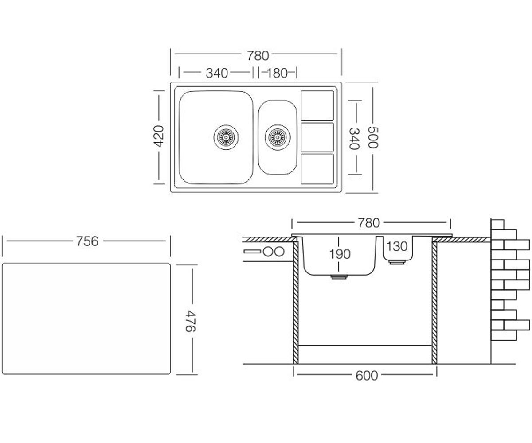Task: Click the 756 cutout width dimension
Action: click(87, 241)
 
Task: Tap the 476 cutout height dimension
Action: click(190, 321)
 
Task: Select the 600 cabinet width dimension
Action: click(366, 376)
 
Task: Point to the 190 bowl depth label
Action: click(340, 254)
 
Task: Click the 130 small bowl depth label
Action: click(397, 246)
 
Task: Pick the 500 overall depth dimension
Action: click(373, 137)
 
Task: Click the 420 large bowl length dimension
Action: click(158, 136)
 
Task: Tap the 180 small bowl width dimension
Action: click(278, 74)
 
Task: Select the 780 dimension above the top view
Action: click(258, 56)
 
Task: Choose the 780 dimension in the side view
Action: click(369, 223)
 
